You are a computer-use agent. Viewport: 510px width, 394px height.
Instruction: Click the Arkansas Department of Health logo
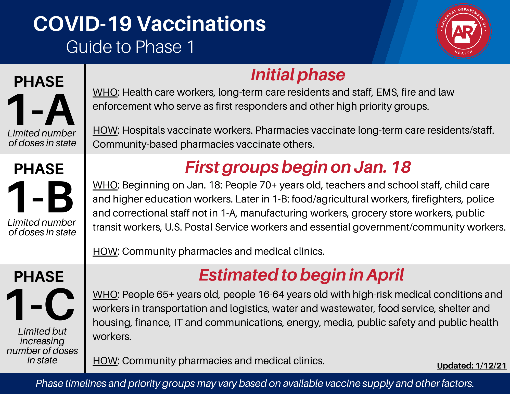[x=463, y=31]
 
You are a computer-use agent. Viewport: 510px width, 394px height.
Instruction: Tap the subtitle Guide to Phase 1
[x=130, y=47]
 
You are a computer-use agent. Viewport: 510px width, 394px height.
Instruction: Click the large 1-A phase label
[x=41, y=110]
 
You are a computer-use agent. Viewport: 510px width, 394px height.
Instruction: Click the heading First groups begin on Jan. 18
[x=298, y=167]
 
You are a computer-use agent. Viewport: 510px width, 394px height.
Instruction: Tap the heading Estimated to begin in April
[x=301, y=275]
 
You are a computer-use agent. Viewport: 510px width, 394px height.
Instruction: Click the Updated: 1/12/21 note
[x=471, y=365]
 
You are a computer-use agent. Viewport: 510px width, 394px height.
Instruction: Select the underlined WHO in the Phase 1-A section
[x=105, y=92]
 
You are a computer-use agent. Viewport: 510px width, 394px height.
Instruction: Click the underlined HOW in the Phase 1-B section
[x=105, y=251]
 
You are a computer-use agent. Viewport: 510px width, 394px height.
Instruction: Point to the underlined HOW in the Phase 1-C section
[x=105, y=361]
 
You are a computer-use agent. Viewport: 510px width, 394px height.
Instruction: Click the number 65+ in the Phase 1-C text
[x=165, y=295]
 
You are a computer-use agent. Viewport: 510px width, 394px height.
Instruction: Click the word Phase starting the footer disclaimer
[x=49, y=383]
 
